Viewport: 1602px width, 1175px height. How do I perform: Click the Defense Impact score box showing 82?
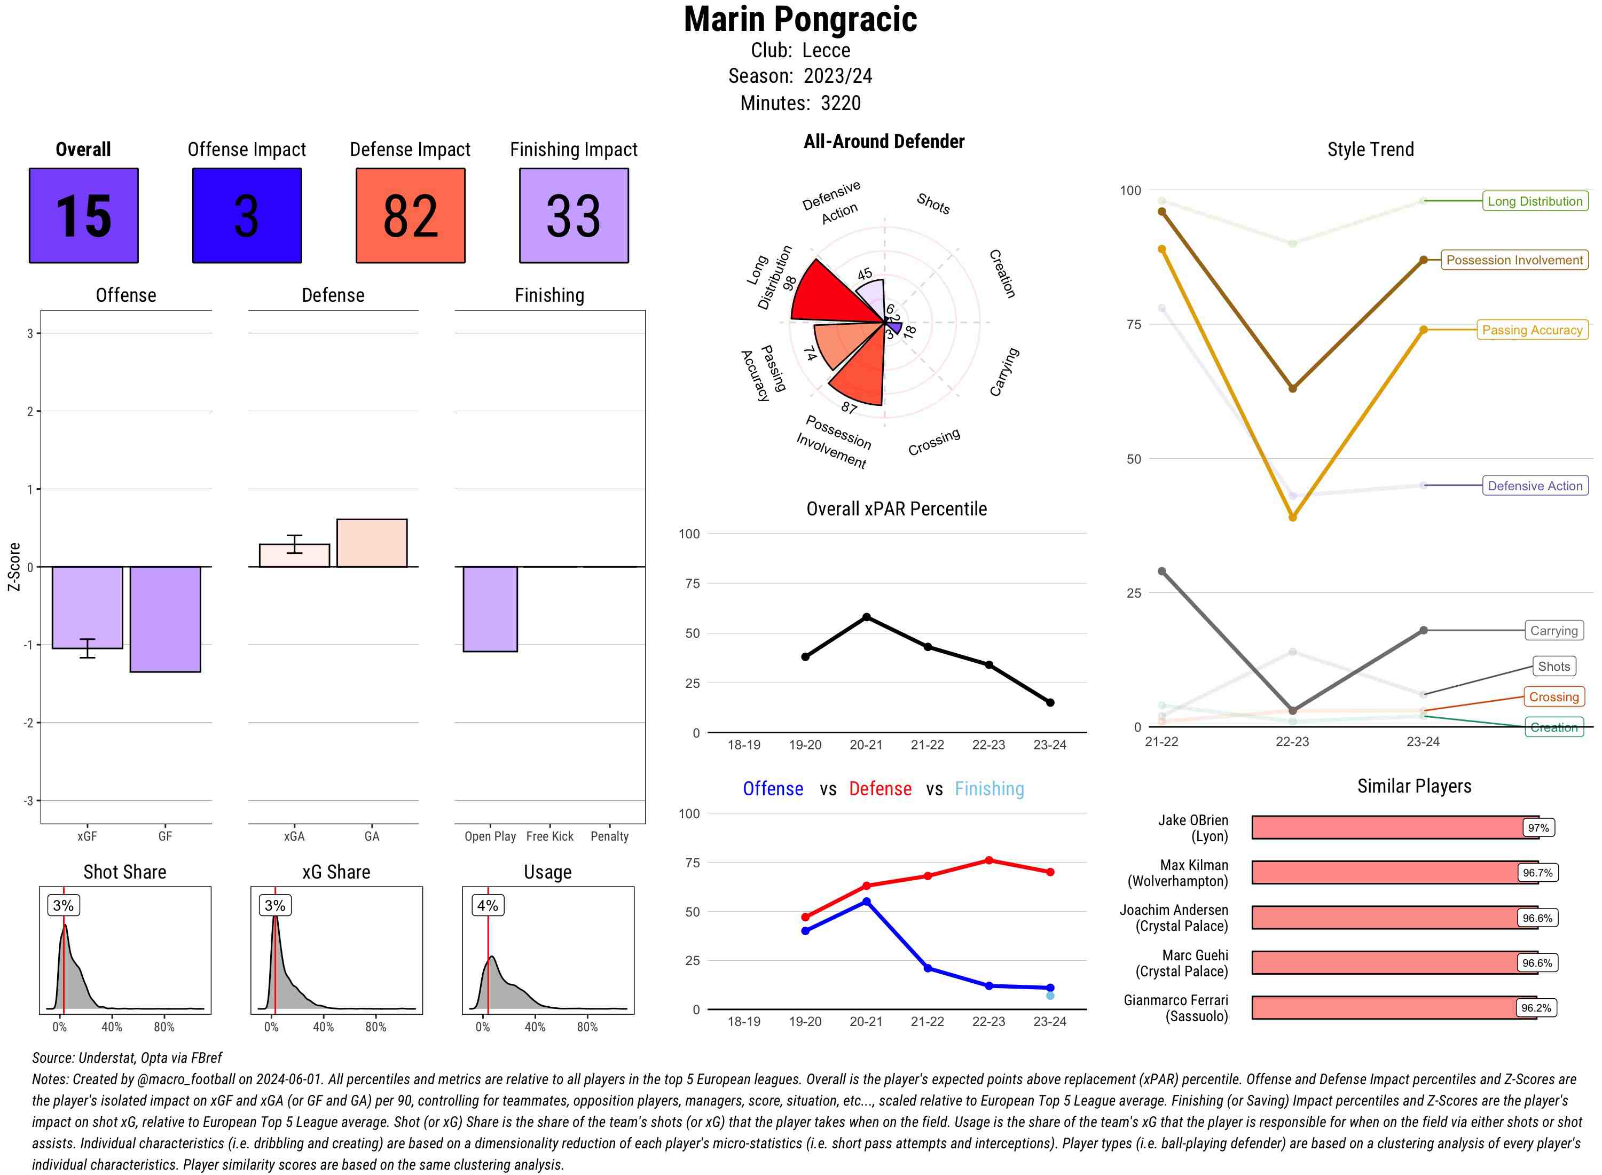click(410, 216)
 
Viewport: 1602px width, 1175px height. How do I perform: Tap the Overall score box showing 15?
click(84, 216)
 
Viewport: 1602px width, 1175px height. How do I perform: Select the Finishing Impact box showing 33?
click(574, 216)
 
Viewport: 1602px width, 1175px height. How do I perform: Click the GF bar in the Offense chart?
click(165, 619)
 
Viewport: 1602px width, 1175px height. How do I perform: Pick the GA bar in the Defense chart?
click(372, 543)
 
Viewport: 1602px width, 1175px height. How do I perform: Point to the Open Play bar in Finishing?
click(490, 609)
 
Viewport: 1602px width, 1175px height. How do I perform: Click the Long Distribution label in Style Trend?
click(1535, 201)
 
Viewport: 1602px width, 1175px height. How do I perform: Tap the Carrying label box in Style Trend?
click(1553, 631)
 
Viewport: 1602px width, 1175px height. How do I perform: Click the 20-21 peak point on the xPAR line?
click(867, 617)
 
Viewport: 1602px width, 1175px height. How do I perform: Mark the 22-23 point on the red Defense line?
click(989, 860)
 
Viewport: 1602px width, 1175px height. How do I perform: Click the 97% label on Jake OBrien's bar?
click(1538, 828)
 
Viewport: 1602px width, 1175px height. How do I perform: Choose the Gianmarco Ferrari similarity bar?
click(1394, 1008)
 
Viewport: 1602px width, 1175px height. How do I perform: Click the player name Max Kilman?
click(1194, 865)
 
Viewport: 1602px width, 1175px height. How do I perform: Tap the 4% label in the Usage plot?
click(488, 905)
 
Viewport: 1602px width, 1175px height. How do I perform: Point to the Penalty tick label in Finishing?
click(609, 836)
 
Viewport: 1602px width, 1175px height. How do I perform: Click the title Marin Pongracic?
click(800, 20)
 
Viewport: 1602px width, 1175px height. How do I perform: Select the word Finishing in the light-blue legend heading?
click(989, 789)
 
